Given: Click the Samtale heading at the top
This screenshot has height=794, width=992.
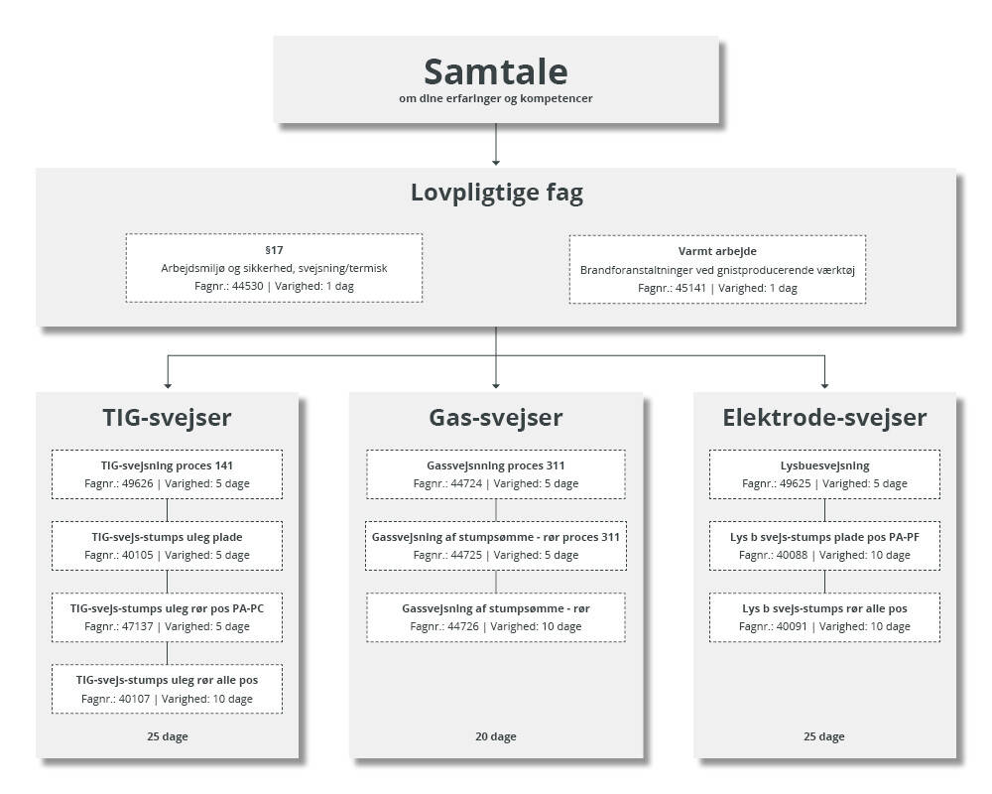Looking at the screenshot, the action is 495,71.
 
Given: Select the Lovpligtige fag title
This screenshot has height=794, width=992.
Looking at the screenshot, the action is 497,193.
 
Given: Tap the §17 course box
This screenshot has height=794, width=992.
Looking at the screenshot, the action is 274,268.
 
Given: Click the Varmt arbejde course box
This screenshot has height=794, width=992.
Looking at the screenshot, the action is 717,270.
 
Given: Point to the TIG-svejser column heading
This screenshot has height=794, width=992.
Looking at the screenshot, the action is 167,418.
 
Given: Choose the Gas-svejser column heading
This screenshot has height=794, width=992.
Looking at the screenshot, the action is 496,418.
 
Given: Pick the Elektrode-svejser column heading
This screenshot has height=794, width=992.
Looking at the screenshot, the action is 824,418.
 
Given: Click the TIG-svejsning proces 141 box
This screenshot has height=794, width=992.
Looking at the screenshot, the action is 167,474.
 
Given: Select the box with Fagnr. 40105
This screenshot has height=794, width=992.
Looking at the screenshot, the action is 167,546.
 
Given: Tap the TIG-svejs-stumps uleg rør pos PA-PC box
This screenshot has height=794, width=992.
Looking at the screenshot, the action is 167,617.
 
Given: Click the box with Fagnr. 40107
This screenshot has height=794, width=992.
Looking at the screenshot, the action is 167,689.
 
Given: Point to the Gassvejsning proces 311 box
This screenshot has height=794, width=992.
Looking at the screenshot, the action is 496,474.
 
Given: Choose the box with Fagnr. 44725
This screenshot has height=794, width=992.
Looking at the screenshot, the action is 496,546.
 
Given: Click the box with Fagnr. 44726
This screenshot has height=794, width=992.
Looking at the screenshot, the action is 496,617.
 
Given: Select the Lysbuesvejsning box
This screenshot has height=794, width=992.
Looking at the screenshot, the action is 824,474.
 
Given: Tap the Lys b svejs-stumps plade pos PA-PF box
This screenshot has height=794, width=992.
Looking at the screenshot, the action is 824,546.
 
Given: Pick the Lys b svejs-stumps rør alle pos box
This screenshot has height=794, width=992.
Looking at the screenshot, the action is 824,617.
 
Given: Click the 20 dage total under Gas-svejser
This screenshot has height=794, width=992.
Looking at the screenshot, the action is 496,736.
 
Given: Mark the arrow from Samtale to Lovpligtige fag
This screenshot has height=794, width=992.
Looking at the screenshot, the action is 496,144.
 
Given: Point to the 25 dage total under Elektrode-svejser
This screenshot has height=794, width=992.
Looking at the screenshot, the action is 824,736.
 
